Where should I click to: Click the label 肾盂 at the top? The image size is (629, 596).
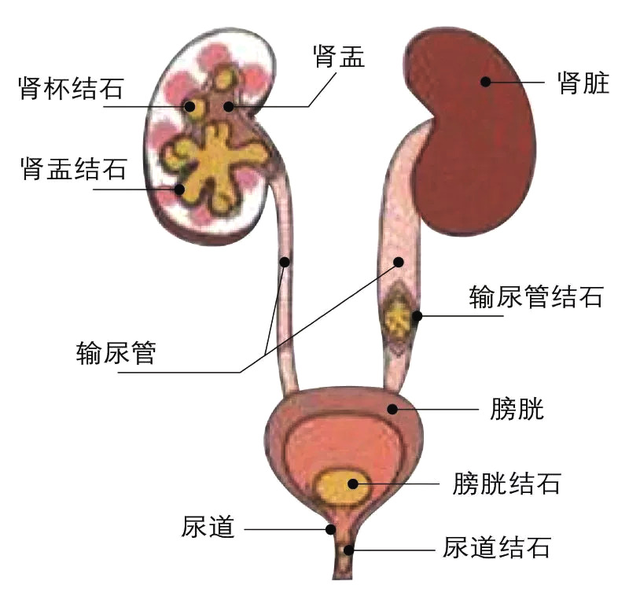coord(339,56)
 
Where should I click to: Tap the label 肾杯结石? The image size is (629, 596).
coord(71,88)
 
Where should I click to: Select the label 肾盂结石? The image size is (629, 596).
coord(74,168)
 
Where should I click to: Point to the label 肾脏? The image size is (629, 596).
coord(583,83)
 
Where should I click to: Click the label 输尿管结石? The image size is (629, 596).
coord(536,296)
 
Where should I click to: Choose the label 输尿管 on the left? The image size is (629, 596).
coord(116,352)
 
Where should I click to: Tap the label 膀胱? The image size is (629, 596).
coord(517,409)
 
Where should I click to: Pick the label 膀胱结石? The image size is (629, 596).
coord(506,483)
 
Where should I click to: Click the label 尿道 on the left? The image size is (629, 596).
coord(208,526)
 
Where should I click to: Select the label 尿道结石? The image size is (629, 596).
coord(496,547)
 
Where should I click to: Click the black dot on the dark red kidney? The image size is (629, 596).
coord(485,82)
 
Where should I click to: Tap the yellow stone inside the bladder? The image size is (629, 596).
coord(341,487)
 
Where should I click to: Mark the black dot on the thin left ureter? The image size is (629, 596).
coord(285,263)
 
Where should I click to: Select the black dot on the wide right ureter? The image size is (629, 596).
coord(399,263)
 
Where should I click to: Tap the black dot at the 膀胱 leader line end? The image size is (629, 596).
coord(392,409)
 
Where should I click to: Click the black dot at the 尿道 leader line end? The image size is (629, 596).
coord(330,529)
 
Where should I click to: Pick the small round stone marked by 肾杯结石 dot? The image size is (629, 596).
coord(195,108)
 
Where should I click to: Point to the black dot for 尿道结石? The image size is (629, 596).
coord(348,550)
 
